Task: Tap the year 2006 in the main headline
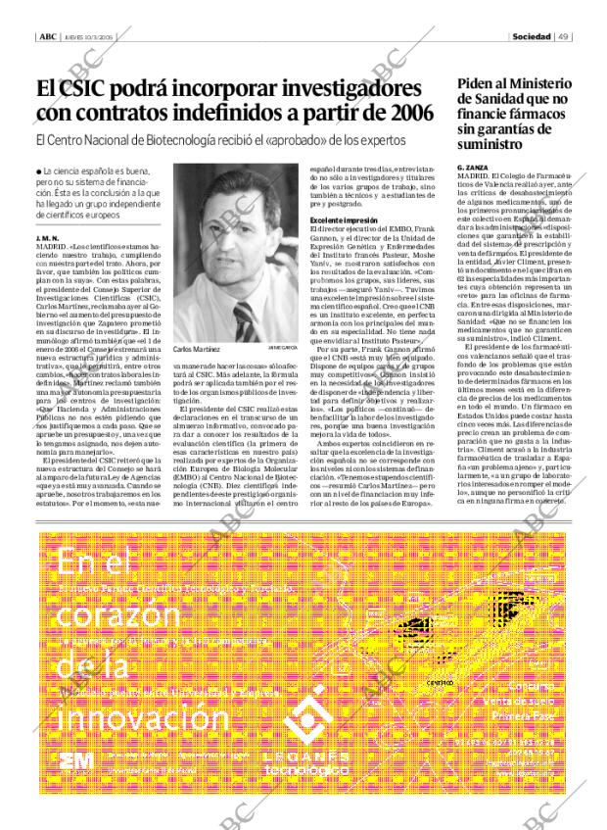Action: (403, 114)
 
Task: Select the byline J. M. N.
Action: (46, 238)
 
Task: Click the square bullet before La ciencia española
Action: (37, 172)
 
